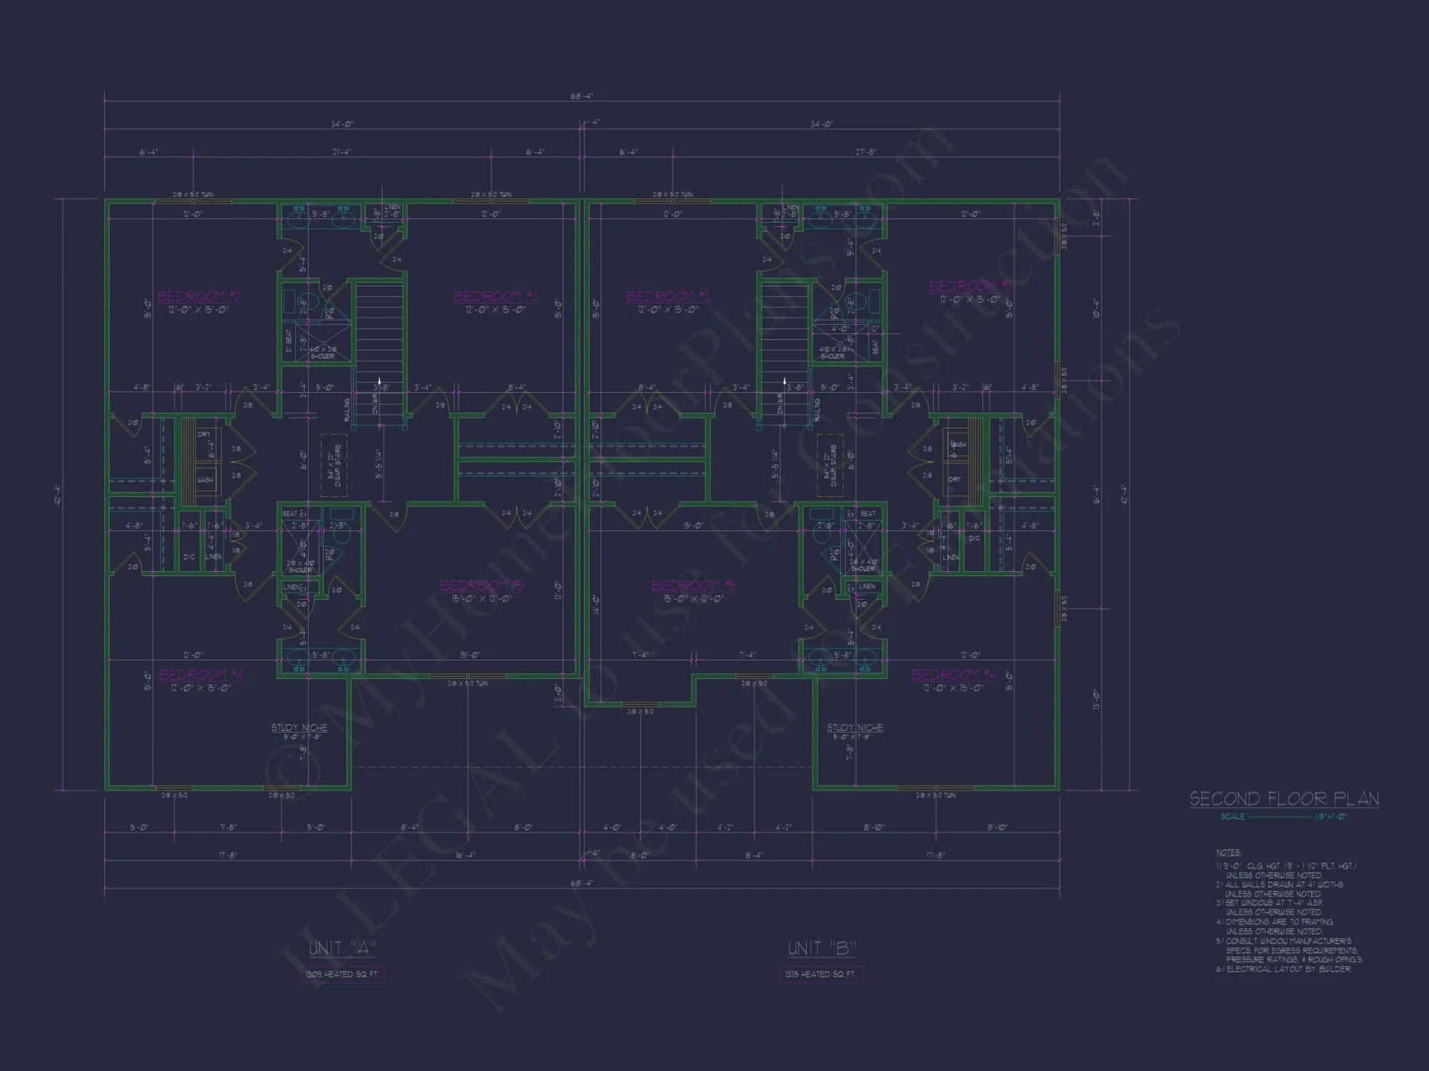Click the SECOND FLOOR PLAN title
[1284, 799]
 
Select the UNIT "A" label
[342, 948]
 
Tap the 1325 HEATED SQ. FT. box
[820, 974]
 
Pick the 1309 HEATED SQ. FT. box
[342, 974]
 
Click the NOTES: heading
[1229, 853]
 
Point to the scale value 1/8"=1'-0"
[1330, 816]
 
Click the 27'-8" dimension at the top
[866, 152]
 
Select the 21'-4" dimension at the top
[342, 152]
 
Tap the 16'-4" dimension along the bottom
[465, 855]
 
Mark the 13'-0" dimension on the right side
[1096, 700]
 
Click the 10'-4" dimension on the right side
[1096, 308]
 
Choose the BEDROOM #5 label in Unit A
[482, 585]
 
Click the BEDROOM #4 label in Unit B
[953, 675]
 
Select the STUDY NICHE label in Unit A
[299, 728]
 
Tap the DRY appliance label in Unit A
[204, 434]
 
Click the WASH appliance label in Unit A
[205, 480]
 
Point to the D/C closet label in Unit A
[189, 557]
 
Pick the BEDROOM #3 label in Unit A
[495, 296]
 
